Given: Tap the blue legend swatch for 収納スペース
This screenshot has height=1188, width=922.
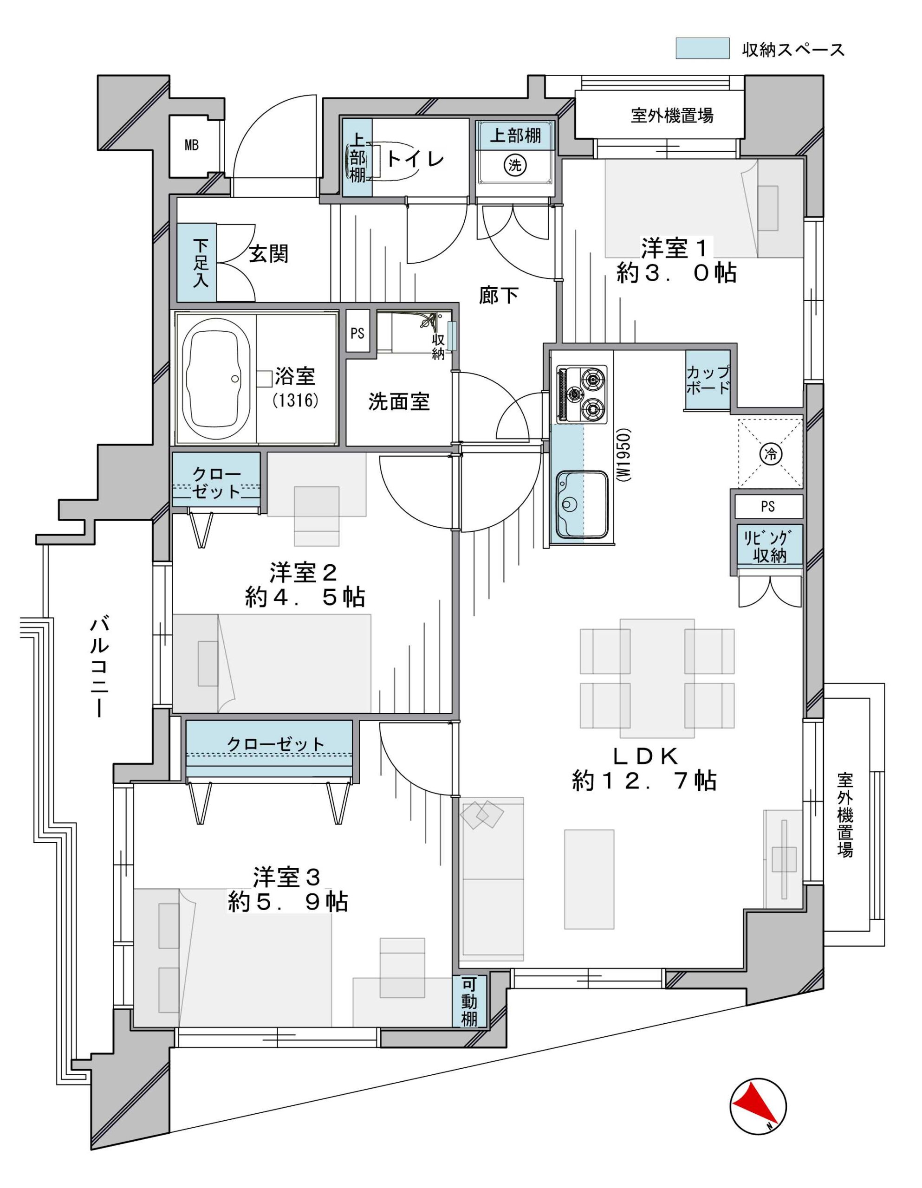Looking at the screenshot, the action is click(x=702, y=48).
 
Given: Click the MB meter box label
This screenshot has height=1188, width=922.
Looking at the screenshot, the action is click(x=192, y=145).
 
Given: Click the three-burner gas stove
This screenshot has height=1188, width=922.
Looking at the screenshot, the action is click(x=581, y=394).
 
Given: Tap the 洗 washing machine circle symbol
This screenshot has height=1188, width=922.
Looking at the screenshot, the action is click(x=514, y=165).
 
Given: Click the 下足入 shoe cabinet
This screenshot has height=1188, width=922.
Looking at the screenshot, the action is click(x=196, y=262).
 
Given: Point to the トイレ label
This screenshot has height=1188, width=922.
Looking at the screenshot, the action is click(x=416, y=159).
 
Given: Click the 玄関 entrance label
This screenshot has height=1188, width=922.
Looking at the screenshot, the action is click(x=268, y=254).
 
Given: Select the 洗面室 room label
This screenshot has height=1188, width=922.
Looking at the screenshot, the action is click(x=399, y=401).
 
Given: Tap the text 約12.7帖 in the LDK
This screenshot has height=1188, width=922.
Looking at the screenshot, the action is click(x=643, y=781).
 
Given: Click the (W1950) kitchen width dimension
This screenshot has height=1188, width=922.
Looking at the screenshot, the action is click(x=625, y=455).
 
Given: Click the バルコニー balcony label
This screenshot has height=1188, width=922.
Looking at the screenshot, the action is click(x=100, y=666).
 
